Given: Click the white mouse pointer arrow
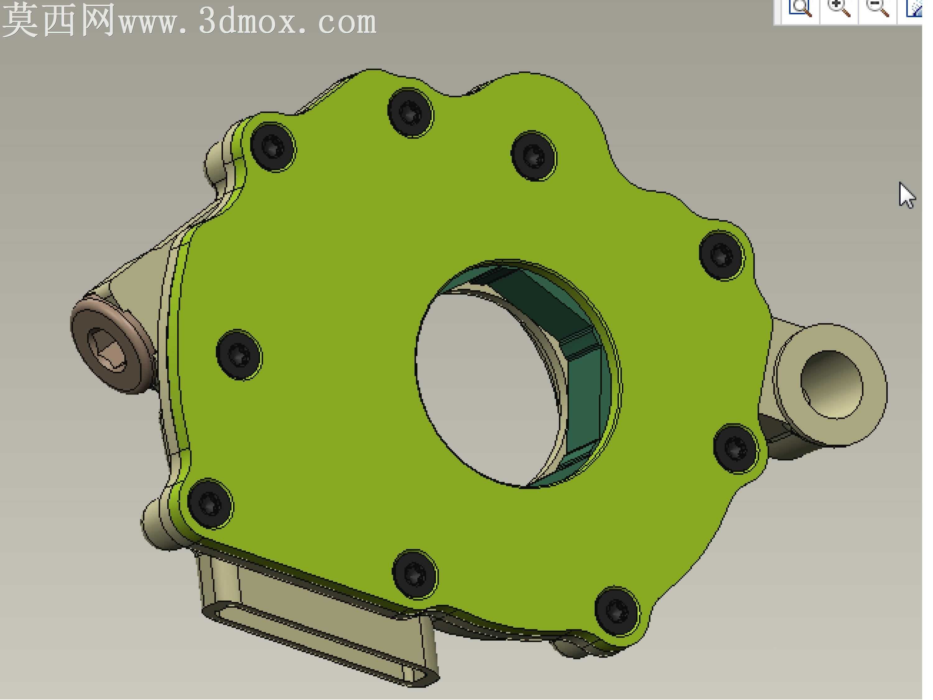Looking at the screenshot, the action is coord(907,195).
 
